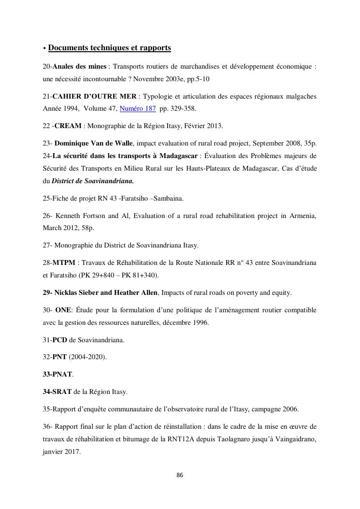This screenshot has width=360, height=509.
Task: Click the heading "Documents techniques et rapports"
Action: tap(110, 48)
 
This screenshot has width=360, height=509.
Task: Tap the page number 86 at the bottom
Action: tap(180, 475)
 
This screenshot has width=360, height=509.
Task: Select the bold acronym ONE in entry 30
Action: tap(63, 310)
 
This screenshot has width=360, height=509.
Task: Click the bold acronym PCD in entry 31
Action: tap(59, 340)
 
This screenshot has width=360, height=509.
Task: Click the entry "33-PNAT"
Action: tap(58, 374)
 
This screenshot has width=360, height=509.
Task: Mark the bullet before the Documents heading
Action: tap(44, 49)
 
